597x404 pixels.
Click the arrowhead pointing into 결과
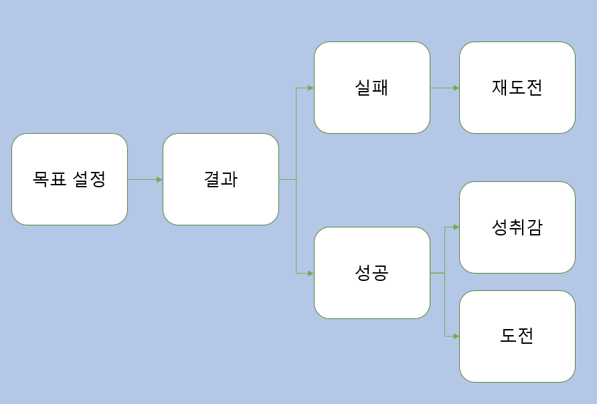[159, 179]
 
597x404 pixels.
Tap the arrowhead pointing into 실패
[311, 88]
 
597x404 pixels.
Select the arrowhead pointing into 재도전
[456, 88]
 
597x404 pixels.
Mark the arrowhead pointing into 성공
[311, 273]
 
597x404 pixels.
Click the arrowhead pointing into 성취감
[456, 227]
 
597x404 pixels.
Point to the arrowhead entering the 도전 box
[456, 336]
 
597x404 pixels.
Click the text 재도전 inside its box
[517, 88]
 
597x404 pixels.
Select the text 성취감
[517, 227]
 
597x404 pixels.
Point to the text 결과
[221, 179]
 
